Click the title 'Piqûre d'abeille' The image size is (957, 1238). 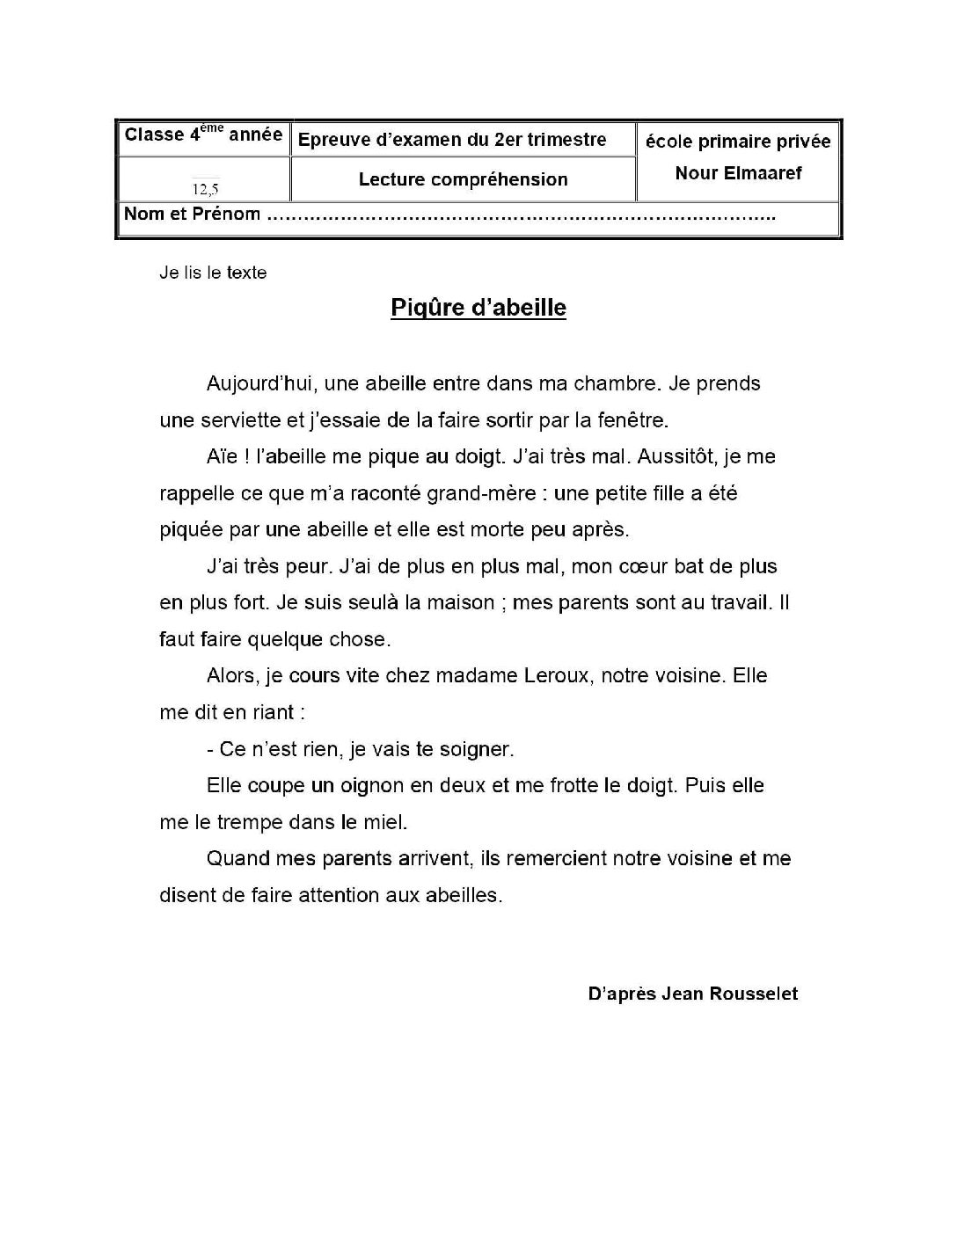coord(478,308)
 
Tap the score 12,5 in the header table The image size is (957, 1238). coord(205,188)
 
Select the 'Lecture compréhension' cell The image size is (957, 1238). coord(463,179)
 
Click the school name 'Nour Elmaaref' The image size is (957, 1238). coord(738,173)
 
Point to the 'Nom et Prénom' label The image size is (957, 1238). coord(192,214)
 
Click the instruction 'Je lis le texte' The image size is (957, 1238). coord(213,273)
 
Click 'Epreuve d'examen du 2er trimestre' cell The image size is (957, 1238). coord(453,140)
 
